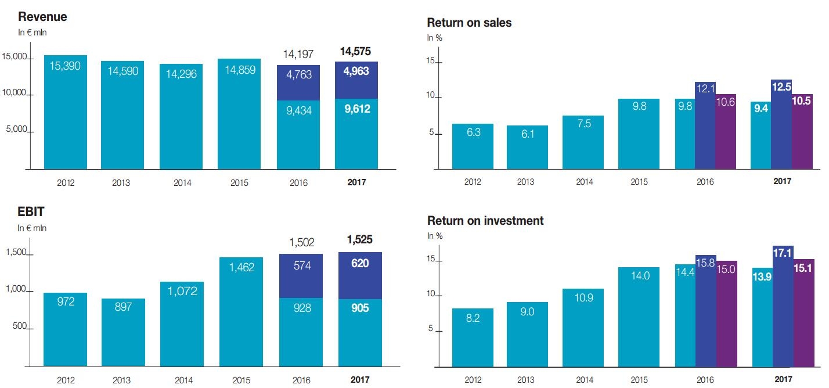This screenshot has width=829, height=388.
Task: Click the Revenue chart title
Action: pos(42,17)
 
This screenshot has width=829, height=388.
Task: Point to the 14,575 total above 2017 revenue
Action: pos(355,52)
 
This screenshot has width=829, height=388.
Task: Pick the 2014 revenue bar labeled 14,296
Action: pos(181,116)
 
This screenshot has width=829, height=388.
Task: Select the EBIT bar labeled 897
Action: pos(123,332)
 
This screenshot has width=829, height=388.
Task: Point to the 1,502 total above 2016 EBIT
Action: pos(302,242)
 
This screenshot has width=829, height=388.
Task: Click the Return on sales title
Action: pos(469,23)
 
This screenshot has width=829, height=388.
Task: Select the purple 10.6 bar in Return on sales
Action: pos(726,131)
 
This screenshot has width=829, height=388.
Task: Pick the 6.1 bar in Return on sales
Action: pos(527,147)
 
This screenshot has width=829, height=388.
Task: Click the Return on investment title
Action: pos(485,221)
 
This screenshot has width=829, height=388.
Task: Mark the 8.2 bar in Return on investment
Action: pos(473,337)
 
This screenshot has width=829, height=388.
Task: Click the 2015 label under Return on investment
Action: pos(640,380)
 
